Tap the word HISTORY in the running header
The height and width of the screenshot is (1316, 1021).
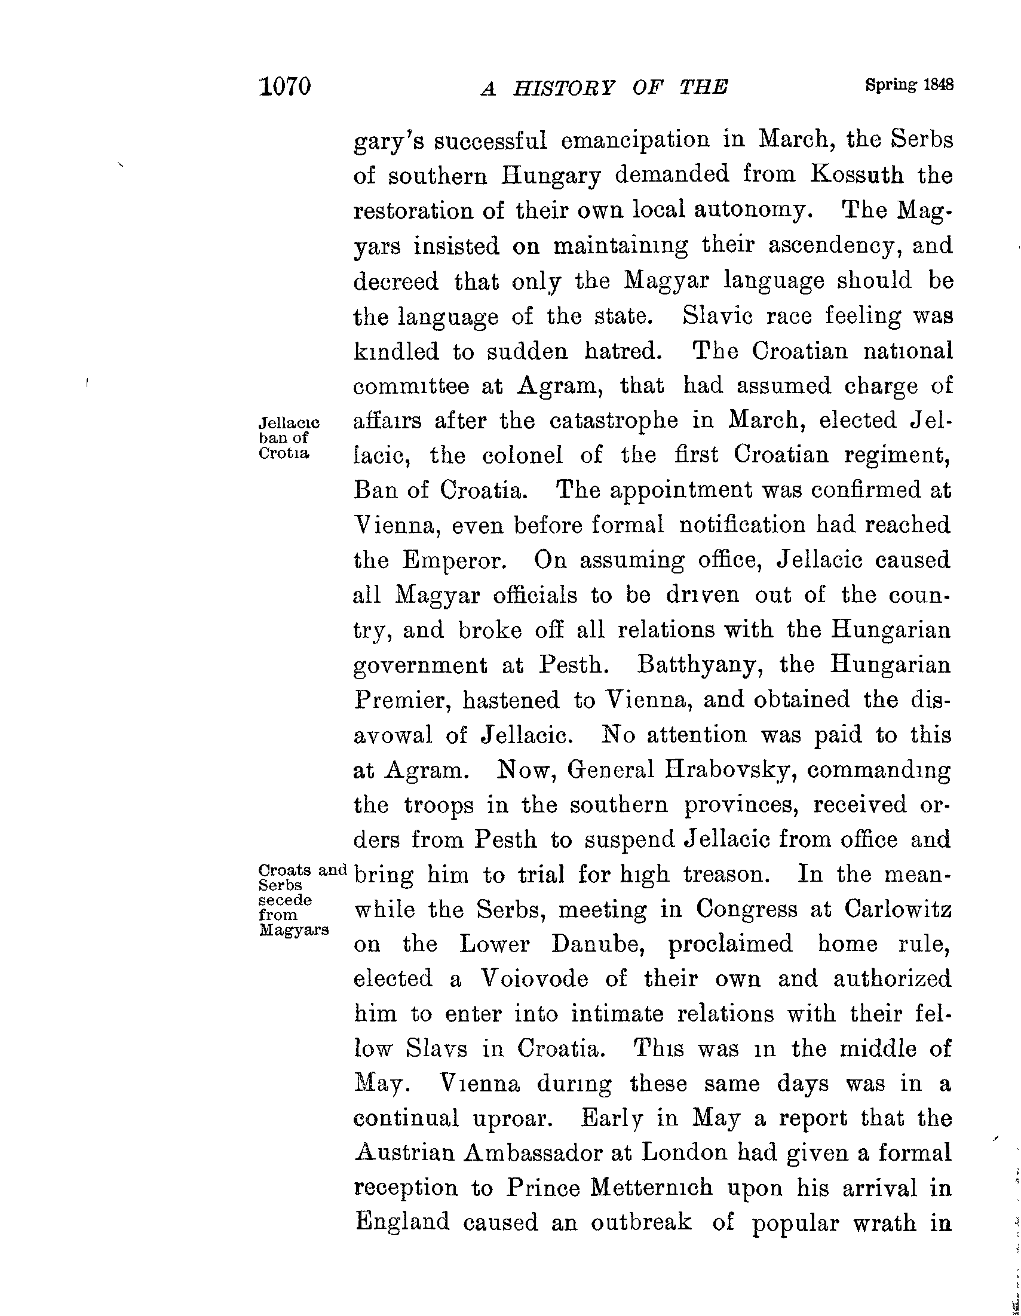[564, 88]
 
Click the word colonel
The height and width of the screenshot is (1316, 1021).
[523, 456]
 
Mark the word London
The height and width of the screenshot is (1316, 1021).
[683, 1153]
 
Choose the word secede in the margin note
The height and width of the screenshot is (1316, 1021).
[285, 900]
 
